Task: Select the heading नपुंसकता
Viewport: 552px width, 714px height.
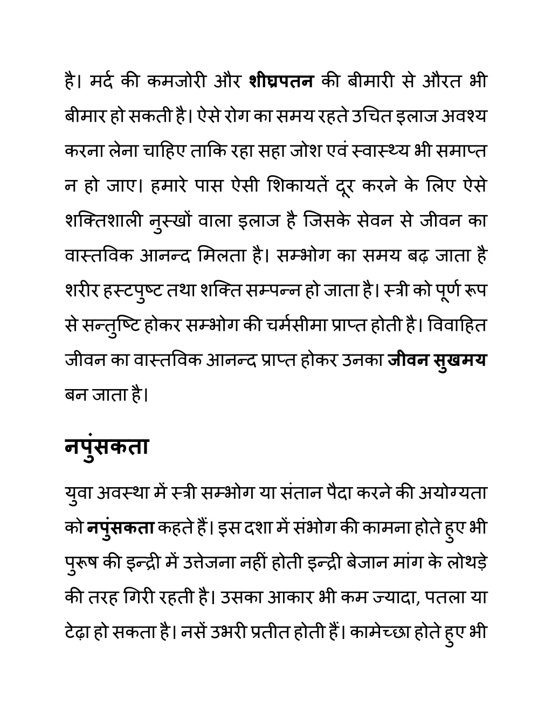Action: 106,447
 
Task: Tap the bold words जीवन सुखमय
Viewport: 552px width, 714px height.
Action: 437,360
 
